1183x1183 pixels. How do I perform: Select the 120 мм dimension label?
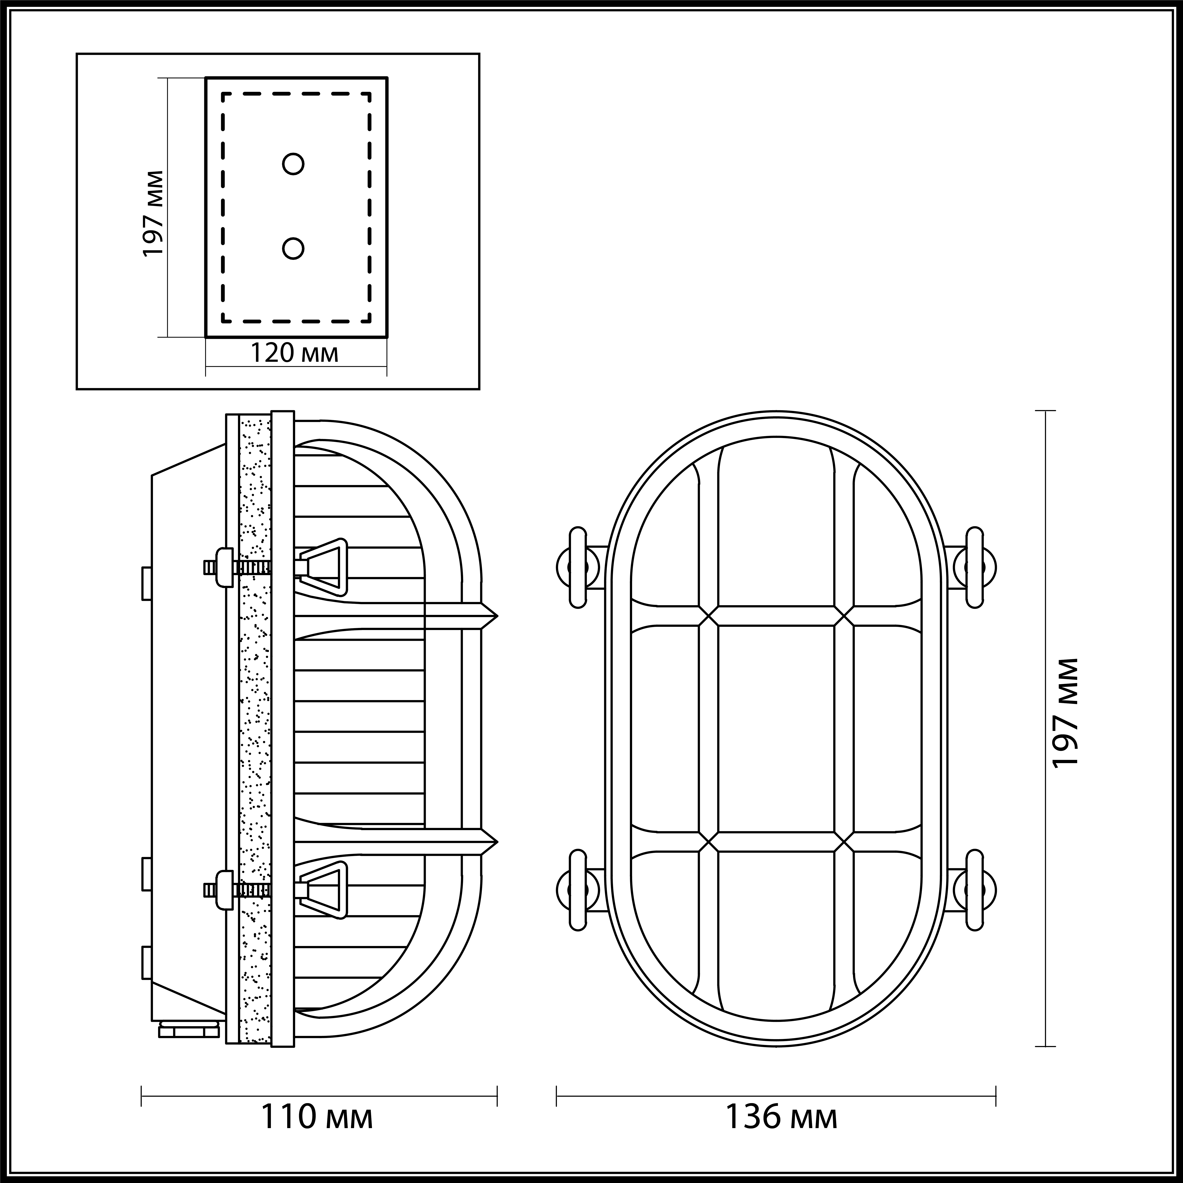pos(295,353)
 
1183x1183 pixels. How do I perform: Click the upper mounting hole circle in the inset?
pos(293,164)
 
